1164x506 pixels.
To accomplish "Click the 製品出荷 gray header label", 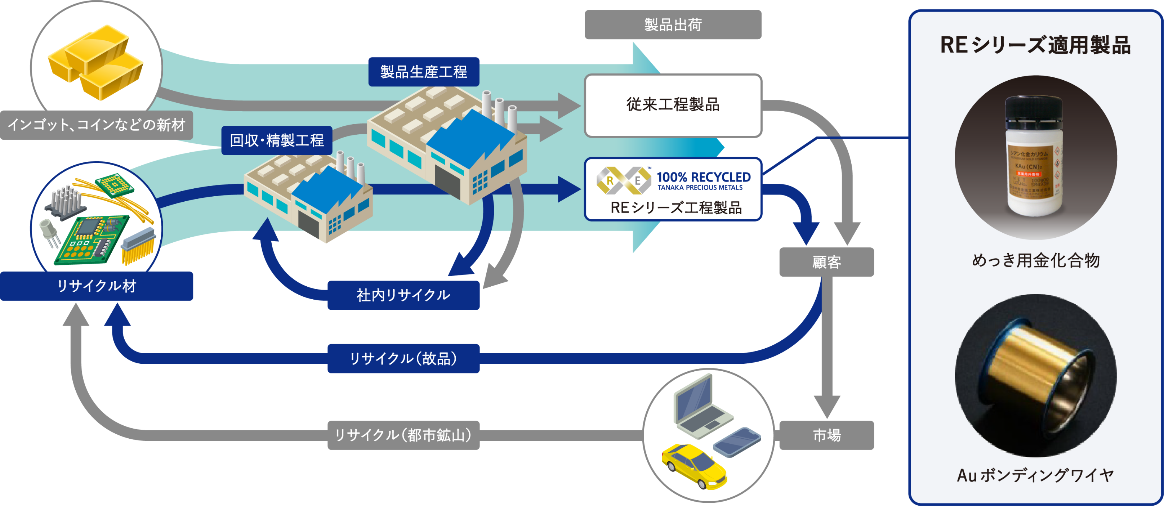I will [x=673, y=25].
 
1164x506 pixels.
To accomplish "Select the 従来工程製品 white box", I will [x=673, y=105].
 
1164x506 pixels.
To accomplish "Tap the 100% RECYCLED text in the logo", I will [x=703, y=177].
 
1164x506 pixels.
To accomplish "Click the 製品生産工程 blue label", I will [x=423, y=71].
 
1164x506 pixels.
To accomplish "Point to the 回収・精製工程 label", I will [x=277, y=140].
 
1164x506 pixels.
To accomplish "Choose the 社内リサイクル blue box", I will [x=403, y=295].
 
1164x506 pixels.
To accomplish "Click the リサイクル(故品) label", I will [x=403, y=358].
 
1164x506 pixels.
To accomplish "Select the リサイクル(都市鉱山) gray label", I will [x=403, y=435].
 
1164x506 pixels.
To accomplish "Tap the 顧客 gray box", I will [x=826, y=262].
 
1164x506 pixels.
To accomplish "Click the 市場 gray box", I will [x=826, y=435].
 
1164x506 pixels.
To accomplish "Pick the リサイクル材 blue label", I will [x=96, y=286].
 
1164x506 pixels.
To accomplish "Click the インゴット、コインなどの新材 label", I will [x=96, y=125].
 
